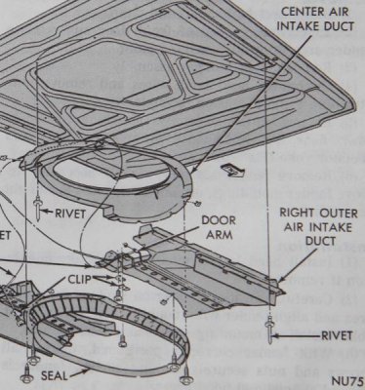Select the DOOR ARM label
pyautogui.click(x=219, y=227)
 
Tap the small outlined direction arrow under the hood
pyautogui.click(x=230, y=169)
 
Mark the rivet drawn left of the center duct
pyautogui.click(x=36, y=205)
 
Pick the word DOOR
pyautogui.click(x=219, y=220)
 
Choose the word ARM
pyautogui.click(x=219, y=234)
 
